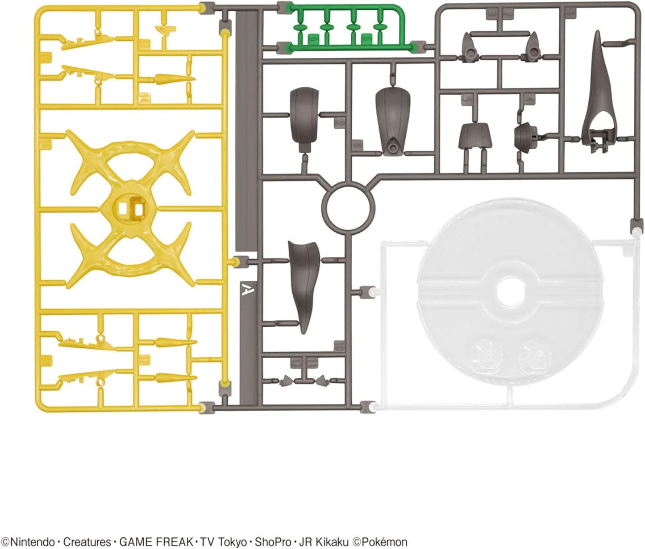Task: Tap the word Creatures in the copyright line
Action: [x=87, y=542]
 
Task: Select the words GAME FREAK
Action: [x=156, y=542]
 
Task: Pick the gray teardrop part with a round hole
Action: [x=393, y=120]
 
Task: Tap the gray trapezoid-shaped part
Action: [x=474, y=135]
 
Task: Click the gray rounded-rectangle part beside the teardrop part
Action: [x=304, y=119]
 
